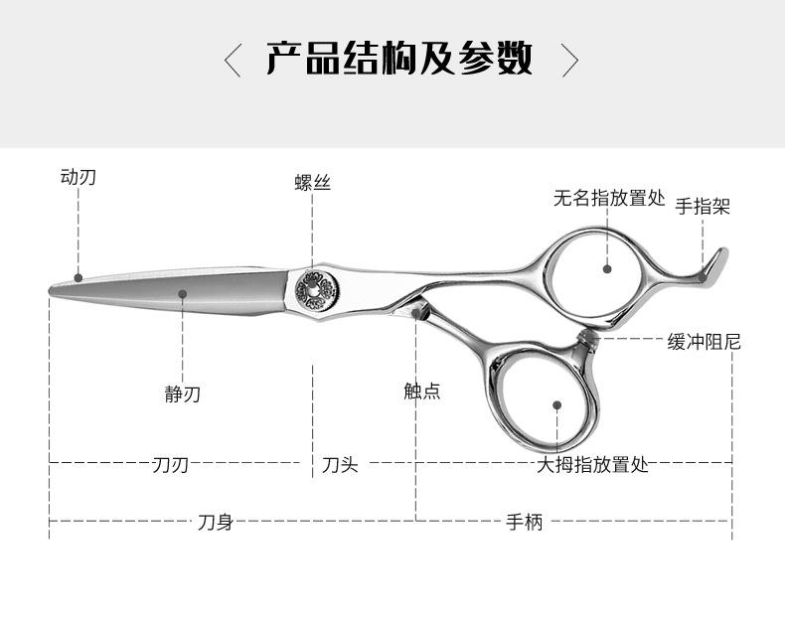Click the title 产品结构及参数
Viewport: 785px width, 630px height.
click(x=398, y=60)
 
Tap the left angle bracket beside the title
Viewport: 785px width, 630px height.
click(x=233, y=60)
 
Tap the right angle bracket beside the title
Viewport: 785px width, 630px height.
click(x=569, y=60)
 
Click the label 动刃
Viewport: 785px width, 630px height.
click(x=78, y=178)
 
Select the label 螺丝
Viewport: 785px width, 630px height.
click(x=312, y=183)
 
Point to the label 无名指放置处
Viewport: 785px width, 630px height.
click(x=608, y=198)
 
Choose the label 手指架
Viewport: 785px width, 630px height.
click(x=703, y=207)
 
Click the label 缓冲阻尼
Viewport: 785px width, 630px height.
click(x=704, y=342)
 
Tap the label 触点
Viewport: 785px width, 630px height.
click(x=421, y=392)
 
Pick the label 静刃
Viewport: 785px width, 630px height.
click(x=183, y=394)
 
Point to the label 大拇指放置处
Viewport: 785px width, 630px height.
click(x=592, y=464)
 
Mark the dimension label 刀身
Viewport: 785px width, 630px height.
click(x=215, y=522)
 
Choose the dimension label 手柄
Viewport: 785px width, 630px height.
click(x=525, y=522)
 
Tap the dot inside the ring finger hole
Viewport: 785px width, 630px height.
click(x=607, y=267)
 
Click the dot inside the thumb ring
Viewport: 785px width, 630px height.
click(x=557, y=405)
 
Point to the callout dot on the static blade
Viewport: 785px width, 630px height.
click(x=183, y=293)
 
